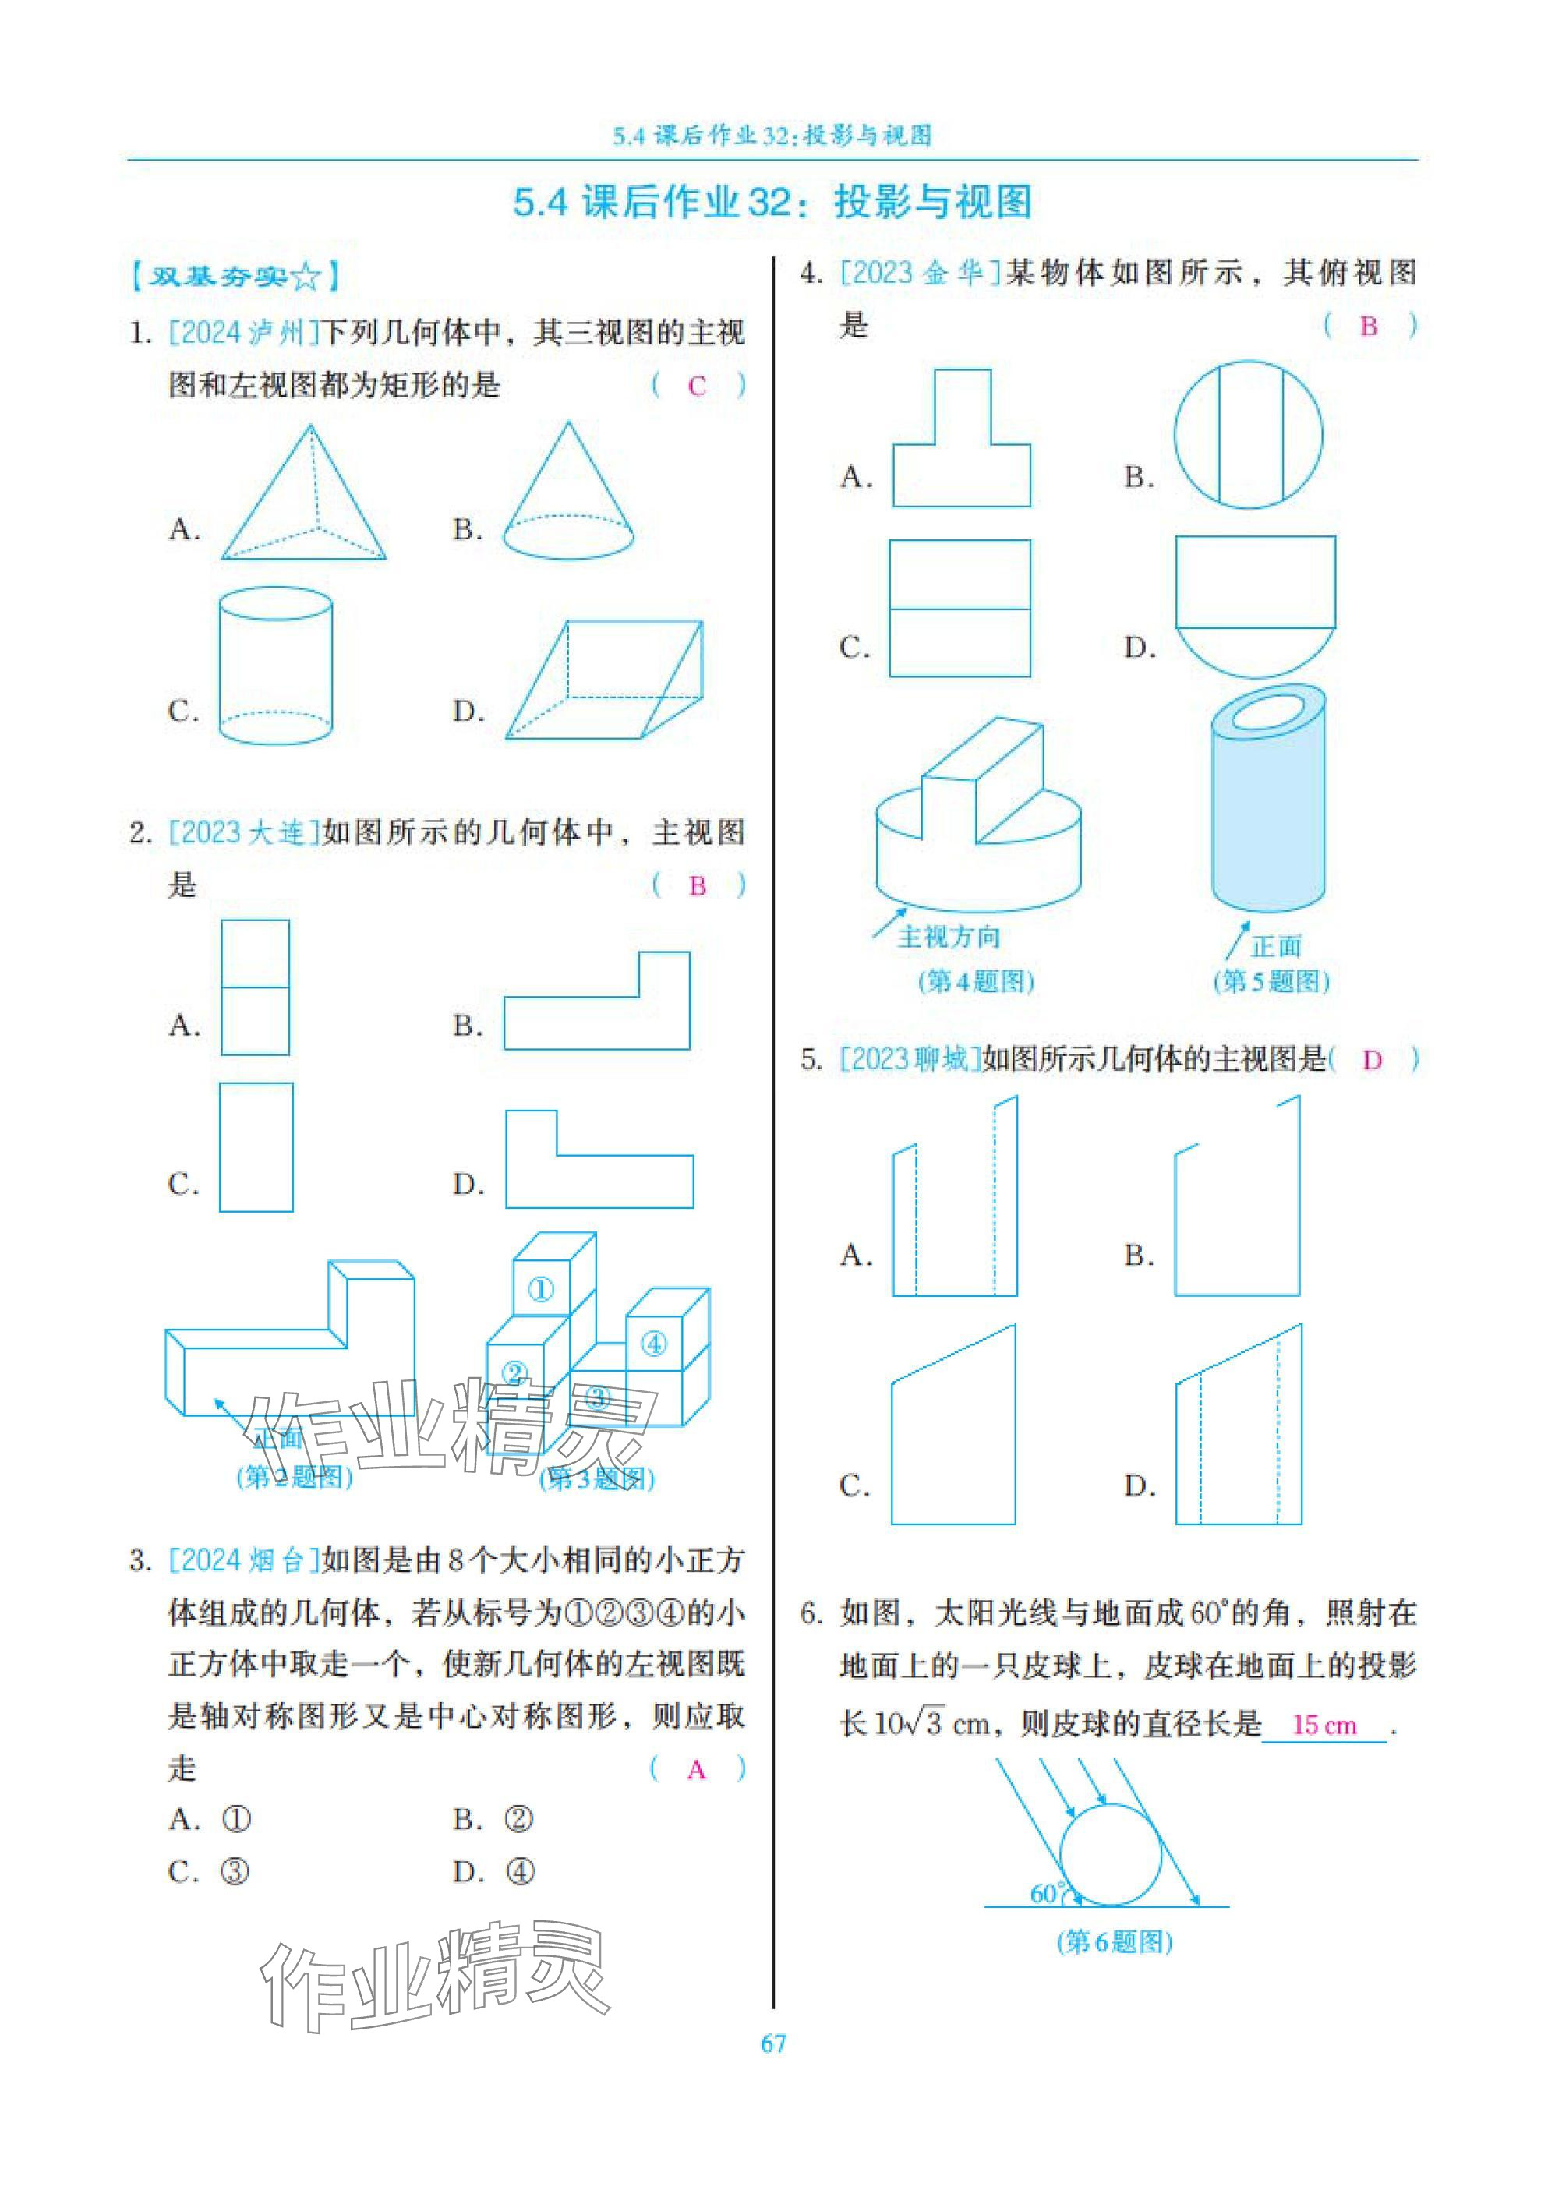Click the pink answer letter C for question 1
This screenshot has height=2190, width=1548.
click(x=696, y=387)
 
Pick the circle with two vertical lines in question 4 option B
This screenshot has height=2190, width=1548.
click(x=1249, y=435)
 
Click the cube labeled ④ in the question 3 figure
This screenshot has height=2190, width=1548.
click(x=653, y=1344)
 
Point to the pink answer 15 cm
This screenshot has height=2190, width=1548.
click(x=1323, y=1725)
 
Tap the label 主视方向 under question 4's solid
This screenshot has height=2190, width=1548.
click(x=949, y=937)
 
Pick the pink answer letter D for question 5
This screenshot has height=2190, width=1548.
click(x=1372, y=1061)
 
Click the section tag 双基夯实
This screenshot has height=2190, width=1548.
click(x=235, y=277)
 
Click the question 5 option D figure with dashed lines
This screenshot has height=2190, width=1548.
click(x=1238, y=1425)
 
